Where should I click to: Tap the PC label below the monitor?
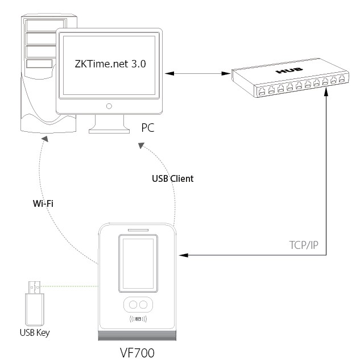(x=148, y=129)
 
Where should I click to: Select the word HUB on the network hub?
(x=284, y=73)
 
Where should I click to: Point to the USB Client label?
(x=173, y=178)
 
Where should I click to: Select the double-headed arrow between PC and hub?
(x=196, y=73)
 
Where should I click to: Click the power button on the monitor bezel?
(x=108, y=106)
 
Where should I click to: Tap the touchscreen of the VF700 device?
(x=136, y=265)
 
